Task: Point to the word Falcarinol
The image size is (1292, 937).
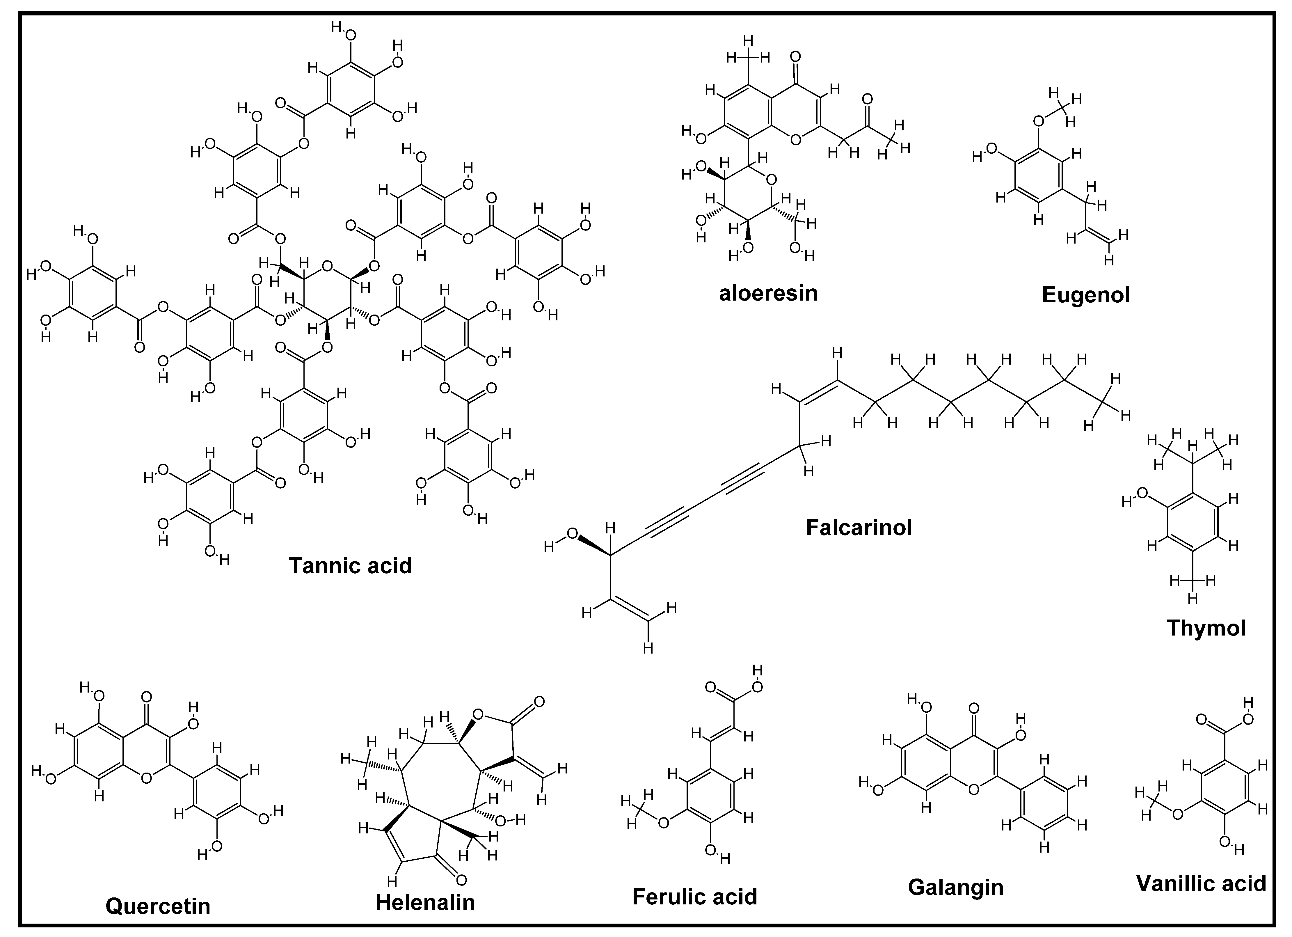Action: tap(859, 528)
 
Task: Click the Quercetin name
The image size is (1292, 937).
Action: tap(158, 906)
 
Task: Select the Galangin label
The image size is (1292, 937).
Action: tap(955, 888)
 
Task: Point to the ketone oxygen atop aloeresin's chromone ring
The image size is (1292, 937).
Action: tap(796, 57)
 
